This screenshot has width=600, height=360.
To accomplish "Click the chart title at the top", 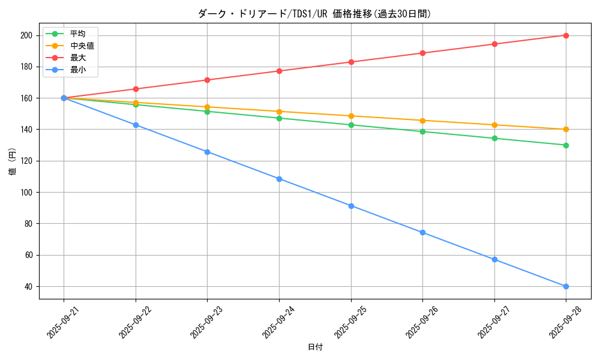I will [x=314, y=14].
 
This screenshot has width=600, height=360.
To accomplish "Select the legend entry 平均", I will [x=77, y=34].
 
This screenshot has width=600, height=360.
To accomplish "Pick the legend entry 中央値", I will [x=82, y=46].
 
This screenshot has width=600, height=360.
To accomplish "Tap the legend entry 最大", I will [x=77, y=58].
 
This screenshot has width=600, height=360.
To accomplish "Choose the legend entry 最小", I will [x=77, y=70].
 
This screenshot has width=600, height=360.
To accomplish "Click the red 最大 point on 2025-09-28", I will [x=566, y=35].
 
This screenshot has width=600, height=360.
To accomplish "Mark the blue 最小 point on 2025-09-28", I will [x=566, y=286].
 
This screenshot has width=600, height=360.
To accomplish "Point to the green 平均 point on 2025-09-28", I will [x=566, y=145].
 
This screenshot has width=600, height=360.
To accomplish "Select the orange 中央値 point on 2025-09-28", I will [x=566, y=130].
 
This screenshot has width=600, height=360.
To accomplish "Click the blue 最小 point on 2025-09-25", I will [x=351, y=206].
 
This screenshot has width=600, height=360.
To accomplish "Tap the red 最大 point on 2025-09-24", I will [x=279, y=71].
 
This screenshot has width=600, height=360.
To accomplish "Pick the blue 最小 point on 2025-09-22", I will [x=136, y=125].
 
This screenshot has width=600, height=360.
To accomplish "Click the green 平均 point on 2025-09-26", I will [x=422, y=131].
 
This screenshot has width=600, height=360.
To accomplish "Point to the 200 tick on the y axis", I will [x=26, y=35].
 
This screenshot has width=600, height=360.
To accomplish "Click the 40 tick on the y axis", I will [x=28, y=286].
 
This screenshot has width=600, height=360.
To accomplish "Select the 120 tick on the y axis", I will [x=26, y=161].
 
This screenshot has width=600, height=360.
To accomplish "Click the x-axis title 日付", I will [x=314, y=347].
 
